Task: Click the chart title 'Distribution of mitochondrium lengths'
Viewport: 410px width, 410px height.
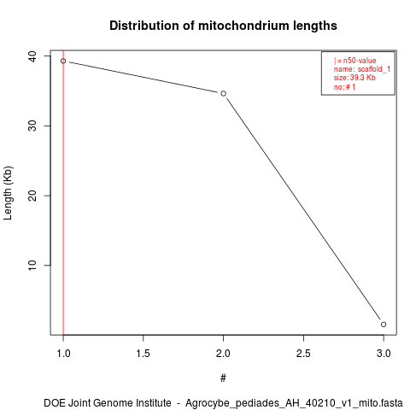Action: (x=223, y=26)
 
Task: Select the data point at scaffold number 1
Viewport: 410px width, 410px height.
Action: (x=63, y=61)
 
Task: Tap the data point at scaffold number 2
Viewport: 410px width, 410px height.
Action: (x=224, y=94)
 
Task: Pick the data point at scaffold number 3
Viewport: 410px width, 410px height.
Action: (x=384, y=325)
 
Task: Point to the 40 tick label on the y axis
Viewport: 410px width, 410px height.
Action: (x=32, y=56)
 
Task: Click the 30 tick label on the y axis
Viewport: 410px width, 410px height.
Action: (x=32, y=126)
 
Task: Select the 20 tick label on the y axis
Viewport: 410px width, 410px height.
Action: (x=32, y=196)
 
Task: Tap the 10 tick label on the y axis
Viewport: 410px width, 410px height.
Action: (x=32, y=266)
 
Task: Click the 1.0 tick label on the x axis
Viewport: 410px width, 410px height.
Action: (x=63, y=354)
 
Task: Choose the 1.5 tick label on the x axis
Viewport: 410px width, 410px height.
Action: (x=143, y=354)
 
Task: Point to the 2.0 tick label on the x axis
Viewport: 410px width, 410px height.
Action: (x=223, y=354)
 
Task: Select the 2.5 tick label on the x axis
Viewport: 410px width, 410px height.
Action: (x=303, y=354)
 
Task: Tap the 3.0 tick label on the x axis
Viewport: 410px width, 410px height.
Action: (x=384, y=354)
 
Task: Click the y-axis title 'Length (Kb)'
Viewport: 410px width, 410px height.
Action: (x=8, y=193)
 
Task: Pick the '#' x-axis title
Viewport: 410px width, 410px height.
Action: (x=223, y=378)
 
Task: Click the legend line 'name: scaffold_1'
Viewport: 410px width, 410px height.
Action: (x=362, y=69)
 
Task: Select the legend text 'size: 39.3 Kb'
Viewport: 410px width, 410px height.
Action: (x=354, y=78)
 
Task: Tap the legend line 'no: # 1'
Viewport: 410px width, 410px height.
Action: (x=344, y=87)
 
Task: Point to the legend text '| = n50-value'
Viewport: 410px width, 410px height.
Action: (x=355, y=61)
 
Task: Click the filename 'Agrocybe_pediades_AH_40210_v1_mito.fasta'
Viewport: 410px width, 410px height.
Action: (x=294, y=403)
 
